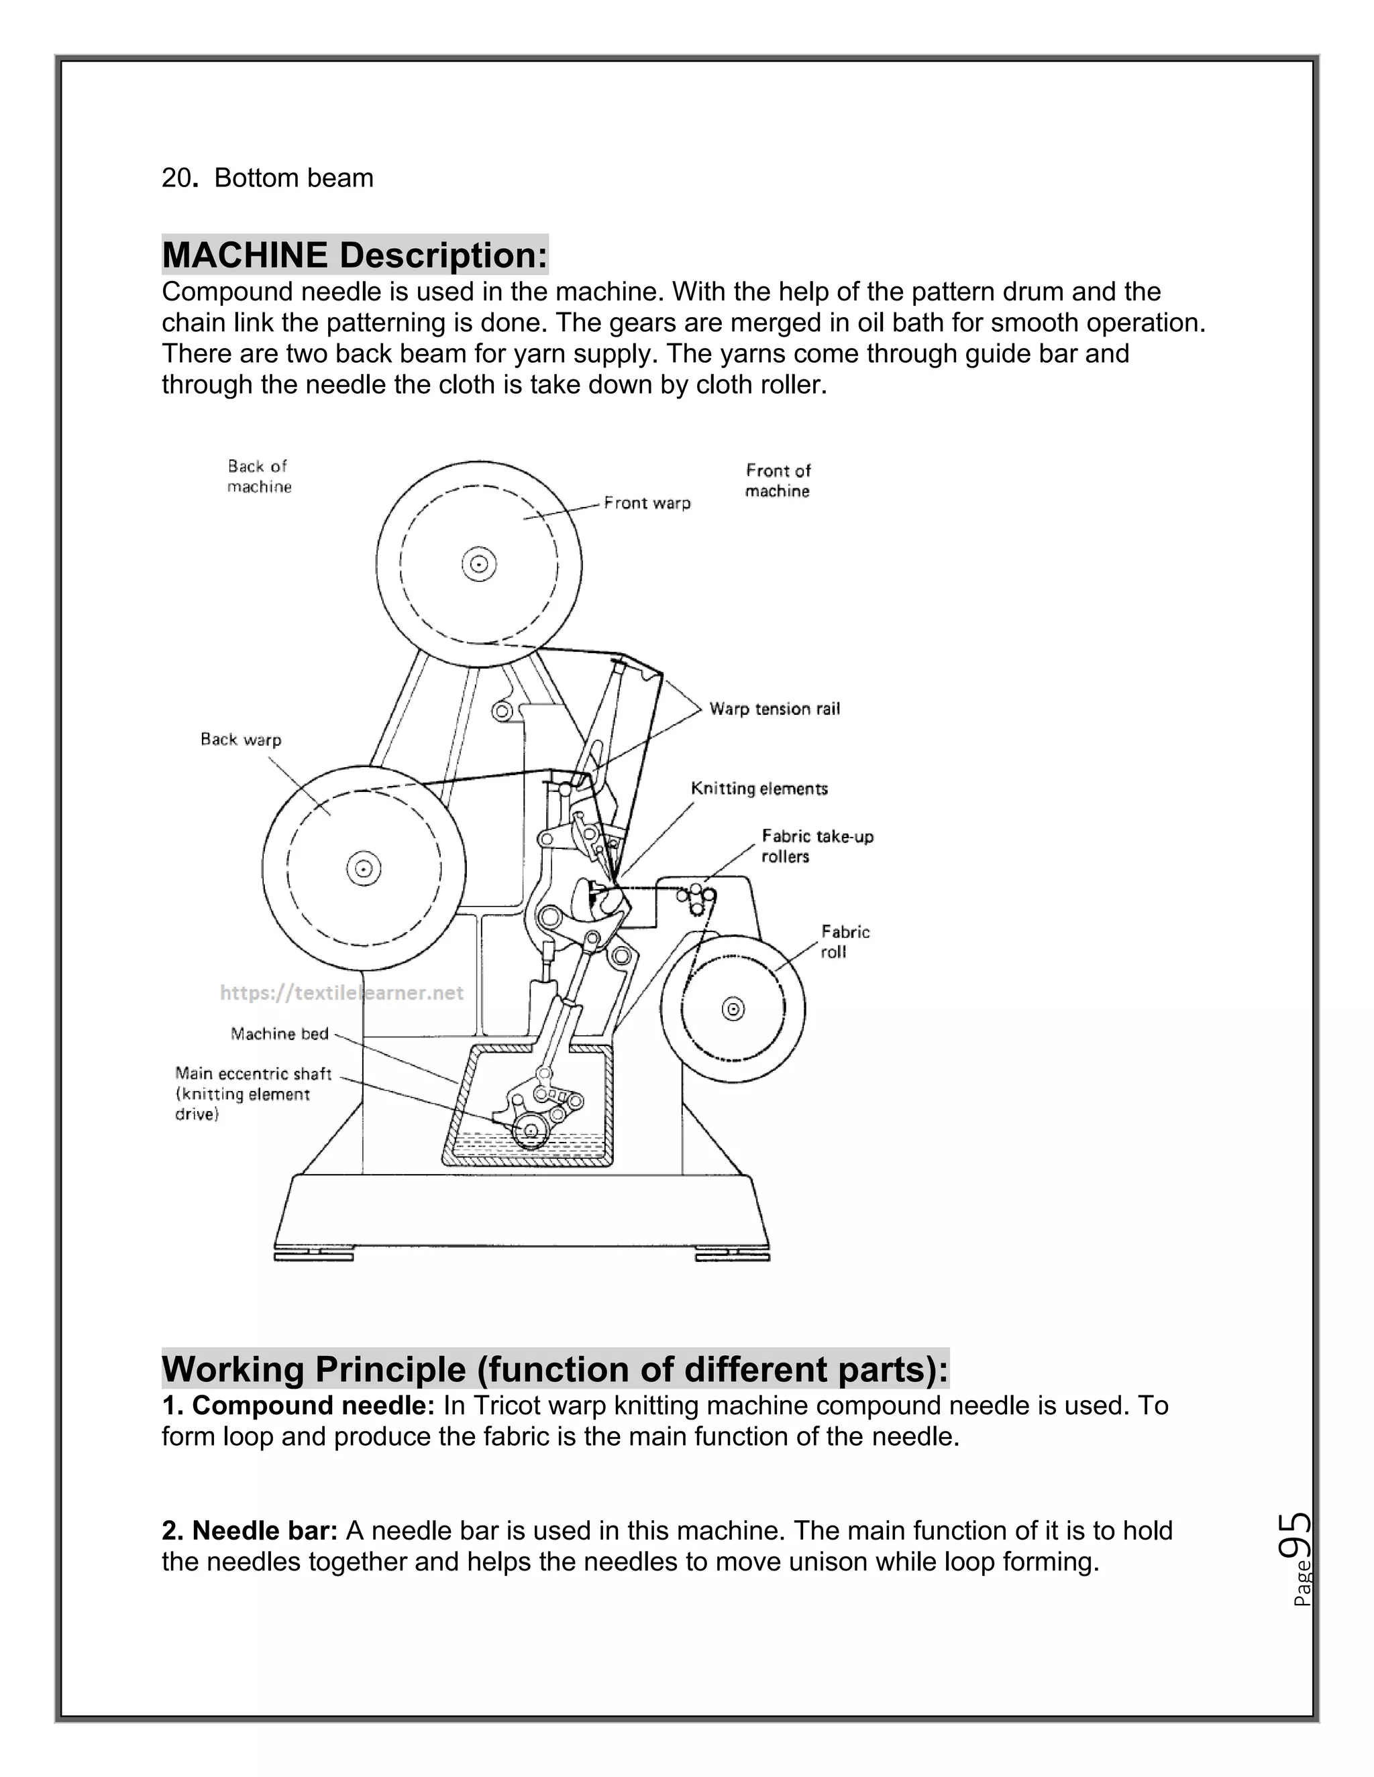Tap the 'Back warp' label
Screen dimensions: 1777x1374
[x=241, y=740]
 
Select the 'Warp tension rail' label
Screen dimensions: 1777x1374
[x=774, y=709]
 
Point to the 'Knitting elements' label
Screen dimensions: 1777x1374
[x=759, y=789]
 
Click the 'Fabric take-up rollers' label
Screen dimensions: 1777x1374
[x=816, y=846]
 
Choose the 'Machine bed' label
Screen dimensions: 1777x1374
[x=279, y=1034]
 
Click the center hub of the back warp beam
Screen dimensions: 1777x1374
[x=363, y=868]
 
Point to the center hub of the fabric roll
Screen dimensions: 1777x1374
[x=733, y=1010]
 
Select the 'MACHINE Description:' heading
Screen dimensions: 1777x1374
[x=355, y=255]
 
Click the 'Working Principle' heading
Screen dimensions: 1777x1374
[x=554, y=1369]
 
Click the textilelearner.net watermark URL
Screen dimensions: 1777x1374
[x=342, y=992]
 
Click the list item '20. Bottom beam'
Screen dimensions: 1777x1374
[x=267, y=178]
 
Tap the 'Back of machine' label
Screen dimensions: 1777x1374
[x=259, y=477]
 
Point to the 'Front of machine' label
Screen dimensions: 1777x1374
[x=778, y=481]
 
